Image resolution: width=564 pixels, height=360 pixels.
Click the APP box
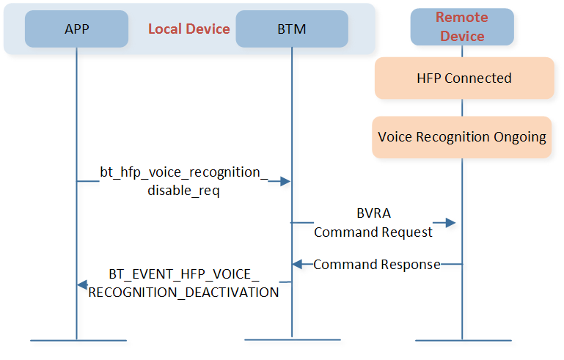[x=76, y=29]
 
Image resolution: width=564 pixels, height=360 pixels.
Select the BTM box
[x=292, y=29]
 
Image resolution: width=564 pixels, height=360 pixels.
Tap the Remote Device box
[x=462, y=27]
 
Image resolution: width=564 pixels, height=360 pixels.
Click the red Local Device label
[x=188, y=29]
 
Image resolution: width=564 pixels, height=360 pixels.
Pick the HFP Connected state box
[x=464, y=78]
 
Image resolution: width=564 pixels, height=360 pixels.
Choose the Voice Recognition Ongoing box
[x=462, y=137]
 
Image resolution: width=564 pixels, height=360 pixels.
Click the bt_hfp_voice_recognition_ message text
[x=184, y=172]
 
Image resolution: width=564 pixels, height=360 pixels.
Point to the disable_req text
[x=183, y=190]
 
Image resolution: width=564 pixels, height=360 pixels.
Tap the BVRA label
[x=373, y=213]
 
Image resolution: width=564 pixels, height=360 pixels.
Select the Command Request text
[x=373, y=232]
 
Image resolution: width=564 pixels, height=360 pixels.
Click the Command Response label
[x=376, y=265]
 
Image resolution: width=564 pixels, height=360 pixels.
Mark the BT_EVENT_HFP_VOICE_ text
[x=184, y=274]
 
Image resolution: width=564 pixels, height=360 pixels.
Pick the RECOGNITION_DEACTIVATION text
[x=183, y=293]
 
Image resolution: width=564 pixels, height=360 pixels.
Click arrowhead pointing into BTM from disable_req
[x=285, y=181]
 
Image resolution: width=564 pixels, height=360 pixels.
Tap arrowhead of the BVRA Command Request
[x=451, y=223]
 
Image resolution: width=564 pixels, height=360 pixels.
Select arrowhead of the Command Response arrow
[x=297, y=265]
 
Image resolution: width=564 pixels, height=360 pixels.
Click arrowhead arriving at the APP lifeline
[x=82, y=284]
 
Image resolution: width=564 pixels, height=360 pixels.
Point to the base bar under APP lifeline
[x=78, y=340]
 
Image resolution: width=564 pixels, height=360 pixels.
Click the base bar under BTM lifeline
[x=293, y=339]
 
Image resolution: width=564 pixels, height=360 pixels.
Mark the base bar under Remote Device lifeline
[x=464, y=340]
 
